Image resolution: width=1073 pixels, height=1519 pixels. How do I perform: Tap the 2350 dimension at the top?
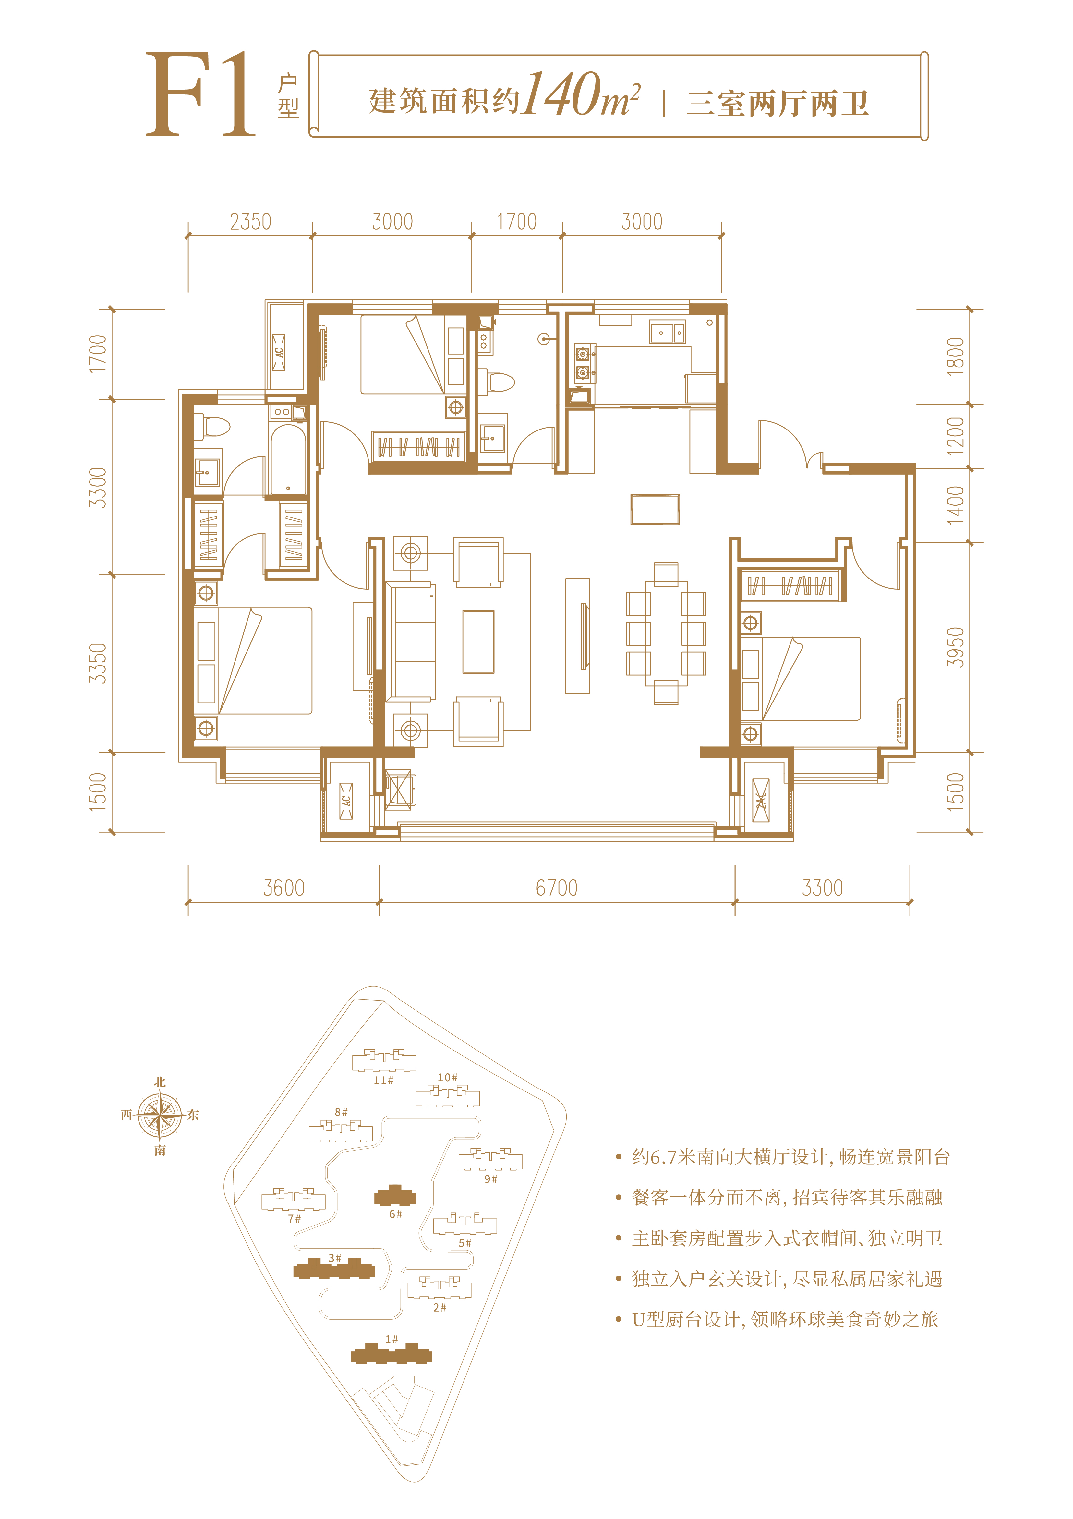(250, 222)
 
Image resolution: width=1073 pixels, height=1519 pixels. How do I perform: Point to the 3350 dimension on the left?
(98, 663)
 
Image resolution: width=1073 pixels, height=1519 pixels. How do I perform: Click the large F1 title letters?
(200, 94)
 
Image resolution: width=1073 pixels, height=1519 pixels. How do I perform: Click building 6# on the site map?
(395, 1196)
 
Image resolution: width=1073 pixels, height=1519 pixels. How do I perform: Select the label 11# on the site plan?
(383, 1080)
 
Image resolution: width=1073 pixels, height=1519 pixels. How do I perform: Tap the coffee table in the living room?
(478, 641)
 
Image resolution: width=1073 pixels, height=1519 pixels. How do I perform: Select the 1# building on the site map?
(392, 1354)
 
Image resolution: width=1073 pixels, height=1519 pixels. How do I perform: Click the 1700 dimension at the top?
(517, 222)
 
